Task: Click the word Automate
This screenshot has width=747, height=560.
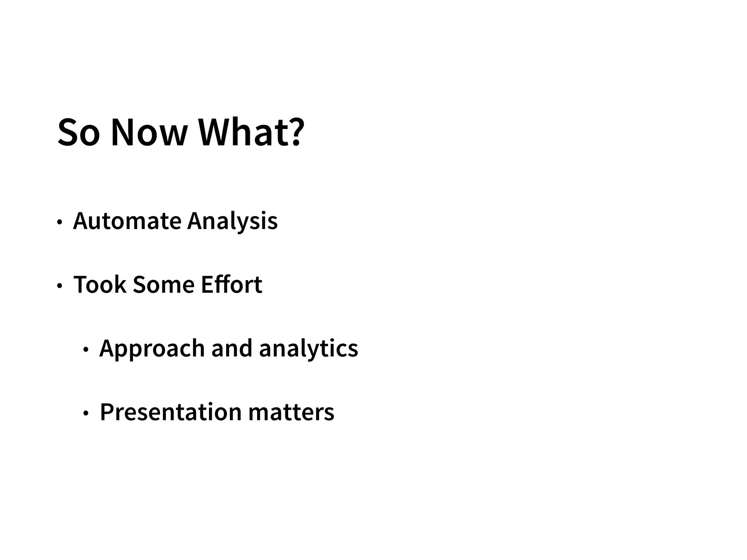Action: coord(127,221)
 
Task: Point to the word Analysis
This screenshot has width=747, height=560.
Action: coord(232,221)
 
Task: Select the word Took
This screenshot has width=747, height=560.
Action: coord(100,285)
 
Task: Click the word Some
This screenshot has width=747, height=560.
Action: coord(163,285)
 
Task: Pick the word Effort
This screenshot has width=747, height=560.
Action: coord(231,285)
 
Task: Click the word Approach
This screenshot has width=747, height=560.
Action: coord(152,349)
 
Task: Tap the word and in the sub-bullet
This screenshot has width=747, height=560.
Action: coord(232,349)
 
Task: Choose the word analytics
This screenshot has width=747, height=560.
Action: coord(309,349)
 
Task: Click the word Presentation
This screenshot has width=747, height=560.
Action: coord(171,412)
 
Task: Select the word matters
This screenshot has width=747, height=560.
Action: coord(291,412)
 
